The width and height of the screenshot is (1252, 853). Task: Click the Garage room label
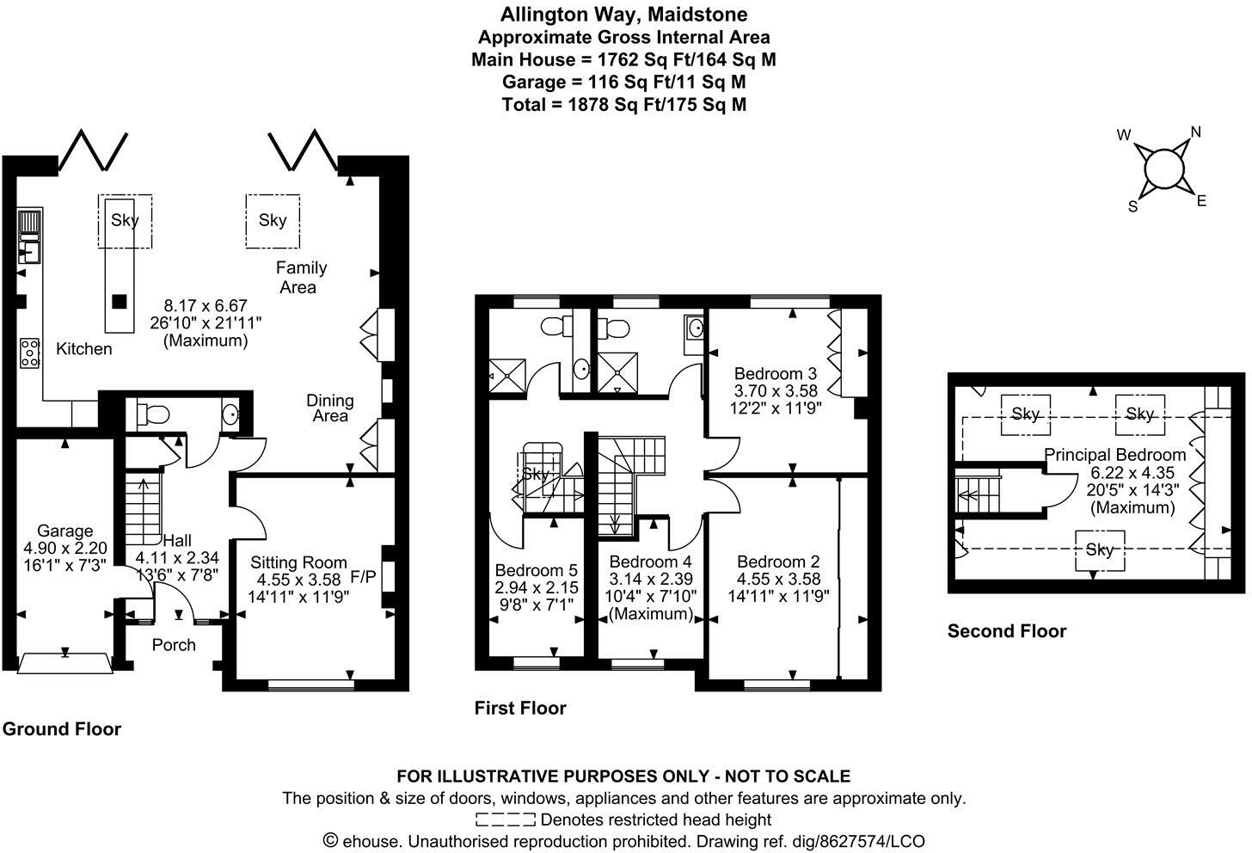[x=64, y=531]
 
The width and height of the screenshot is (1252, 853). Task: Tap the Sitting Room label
[x=298, y=563]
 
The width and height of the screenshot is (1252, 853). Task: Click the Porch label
[x=174, y=645]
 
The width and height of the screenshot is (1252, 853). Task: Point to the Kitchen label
[x=83, y=349]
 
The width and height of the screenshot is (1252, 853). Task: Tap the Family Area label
[x=300, y=278]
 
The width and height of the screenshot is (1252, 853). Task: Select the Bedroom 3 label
[x=775, y=374]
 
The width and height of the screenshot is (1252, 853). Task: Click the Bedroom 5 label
[x=536, y=570]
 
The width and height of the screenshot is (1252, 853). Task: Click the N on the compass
[x=1195, y=132]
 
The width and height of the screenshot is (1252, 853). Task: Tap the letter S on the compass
[x=1133, y=206]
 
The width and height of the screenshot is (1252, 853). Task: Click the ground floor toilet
[x=151, y=414]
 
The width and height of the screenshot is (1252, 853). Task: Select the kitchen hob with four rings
[x=29, y=353]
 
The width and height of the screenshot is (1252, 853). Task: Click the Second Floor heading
[x=1006, y=631]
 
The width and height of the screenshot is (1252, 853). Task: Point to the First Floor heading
[x=520, y=708]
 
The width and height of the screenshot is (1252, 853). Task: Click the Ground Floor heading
[x=61, y=729]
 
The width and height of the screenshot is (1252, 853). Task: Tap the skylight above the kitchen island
[x=125, y=220]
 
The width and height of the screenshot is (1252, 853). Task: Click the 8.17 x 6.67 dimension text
[x=206, y=305]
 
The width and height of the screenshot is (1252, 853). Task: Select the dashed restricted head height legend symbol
[x=505, y=819]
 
